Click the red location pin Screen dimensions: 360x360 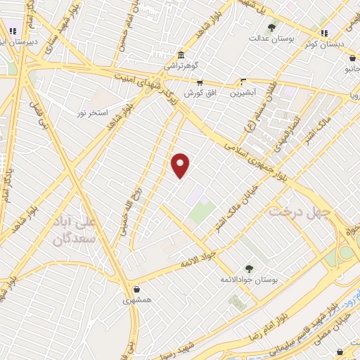[181, 165]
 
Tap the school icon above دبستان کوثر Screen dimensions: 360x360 [323, 32]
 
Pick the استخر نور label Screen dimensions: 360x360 [94, 112]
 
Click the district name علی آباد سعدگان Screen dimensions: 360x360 [73, 230]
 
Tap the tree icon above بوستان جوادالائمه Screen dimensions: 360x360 [248, 268]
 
